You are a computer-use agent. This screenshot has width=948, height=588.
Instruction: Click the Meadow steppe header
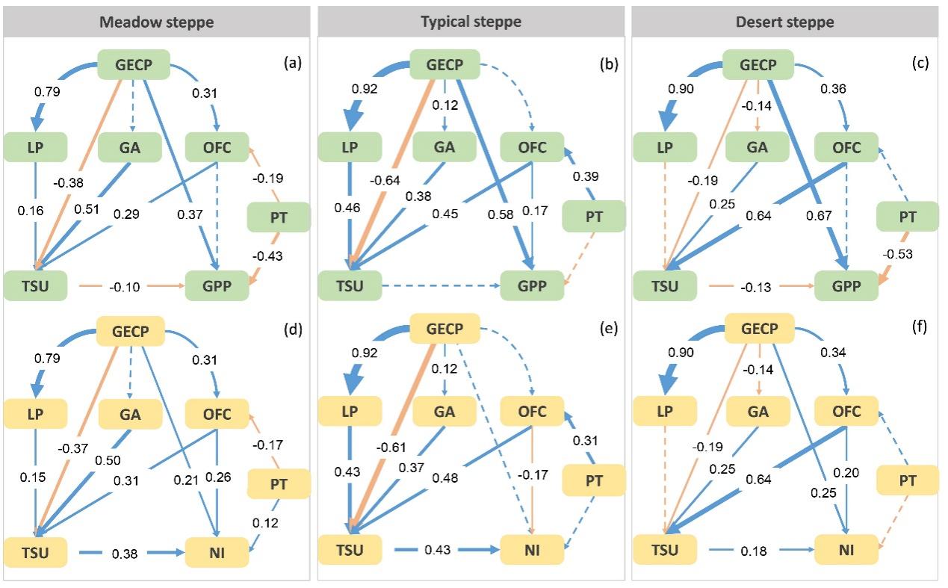pos(156,22)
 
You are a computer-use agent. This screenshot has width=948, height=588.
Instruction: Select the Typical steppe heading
pos(471,22)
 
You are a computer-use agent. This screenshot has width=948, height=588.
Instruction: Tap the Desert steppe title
pos(784,22)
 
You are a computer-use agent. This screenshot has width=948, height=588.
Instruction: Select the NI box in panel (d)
pos(217,553)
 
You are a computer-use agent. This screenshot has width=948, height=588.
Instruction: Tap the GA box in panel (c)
pos(757,147)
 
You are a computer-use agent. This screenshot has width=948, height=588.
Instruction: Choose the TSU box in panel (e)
pos(350,551)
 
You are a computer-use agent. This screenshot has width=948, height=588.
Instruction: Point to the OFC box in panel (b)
pos(532,147)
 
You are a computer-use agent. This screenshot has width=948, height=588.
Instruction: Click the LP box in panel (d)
pos(35,414)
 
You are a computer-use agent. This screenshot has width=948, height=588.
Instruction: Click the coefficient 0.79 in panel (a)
pos(49,93)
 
